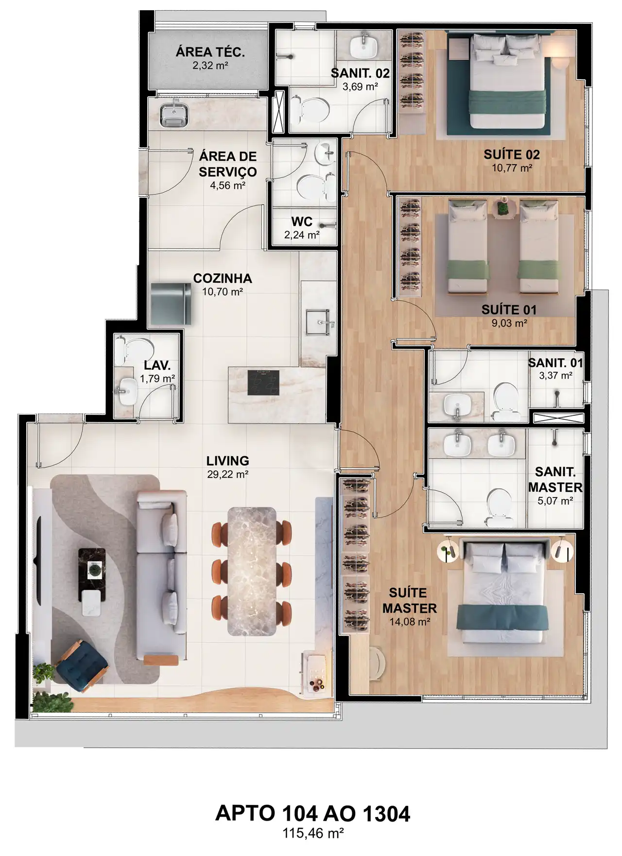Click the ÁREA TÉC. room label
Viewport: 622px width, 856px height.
210,52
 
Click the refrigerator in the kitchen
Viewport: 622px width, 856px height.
171,304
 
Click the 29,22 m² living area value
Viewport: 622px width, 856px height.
228,474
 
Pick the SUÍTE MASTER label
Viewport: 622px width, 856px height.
409,600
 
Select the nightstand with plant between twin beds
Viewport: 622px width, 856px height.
503,208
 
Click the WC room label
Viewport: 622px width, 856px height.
302,222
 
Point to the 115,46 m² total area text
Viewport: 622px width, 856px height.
313,834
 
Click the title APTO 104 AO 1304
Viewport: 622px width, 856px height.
312,813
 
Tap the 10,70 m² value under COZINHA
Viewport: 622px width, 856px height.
223,292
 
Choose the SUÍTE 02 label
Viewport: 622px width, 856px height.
512,154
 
